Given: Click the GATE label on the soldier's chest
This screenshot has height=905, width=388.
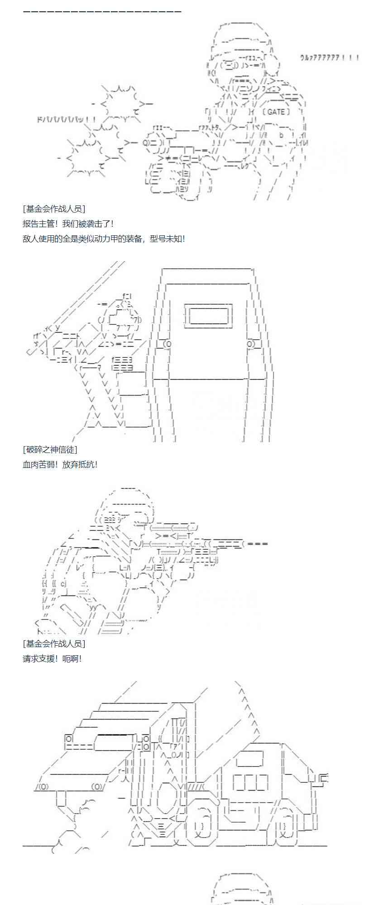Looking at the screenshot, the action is [276, 111].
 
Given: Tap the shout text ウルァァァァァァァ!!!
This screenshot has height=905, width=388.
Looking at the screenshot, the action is [329, 58].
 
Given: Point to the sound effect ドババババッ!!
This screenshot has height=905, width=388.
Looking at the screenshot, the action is [66, 120].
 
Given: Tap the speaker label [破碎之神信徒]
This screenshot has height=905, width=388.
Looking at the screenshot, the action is [50, 449].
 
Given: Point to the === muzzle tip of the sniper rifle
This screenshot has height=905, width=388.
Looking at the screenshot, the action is [258, 543].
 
